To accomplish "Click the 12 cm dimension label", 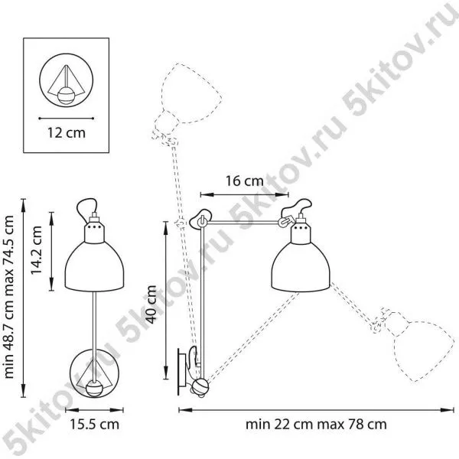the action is (67, 133).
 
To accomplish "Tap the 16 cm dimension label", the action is (245, 181).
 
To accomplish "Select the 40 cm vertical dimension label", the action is (151, 304).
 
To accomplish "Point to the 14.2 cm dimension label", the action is (37, 250).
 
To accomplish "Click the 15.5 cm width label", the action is (94, 424).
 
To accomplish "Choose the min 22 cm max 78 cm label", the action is (316, 424).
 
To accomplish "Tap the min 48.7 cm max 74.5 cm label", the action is (8, 297).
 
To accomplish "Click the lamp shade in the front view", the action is (94, 266).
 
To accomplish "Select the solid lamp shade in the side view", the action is (301, 267).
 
